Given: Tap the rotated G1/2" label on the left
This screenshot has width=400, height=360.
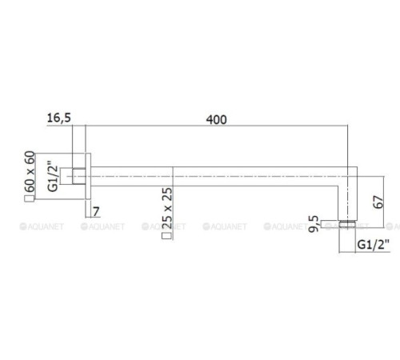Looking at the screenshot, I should pyautogui.click(x=53, y=178).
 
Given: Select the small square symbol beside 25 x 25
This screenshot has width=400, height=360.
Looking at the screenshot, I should pyautogui.click(x=166, y=236).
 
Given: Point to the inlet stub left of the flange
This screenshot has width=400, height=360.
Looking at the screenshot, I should pyautogui.click(x=79, y=174).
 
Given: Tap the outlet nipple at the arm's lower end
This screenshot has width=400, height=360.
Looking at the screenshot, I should pyautogui.click(x=346, y=222).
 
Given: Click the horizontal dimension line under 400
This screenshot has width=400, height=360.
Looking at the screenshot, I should pyautogui.click(x=216, y=127).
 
